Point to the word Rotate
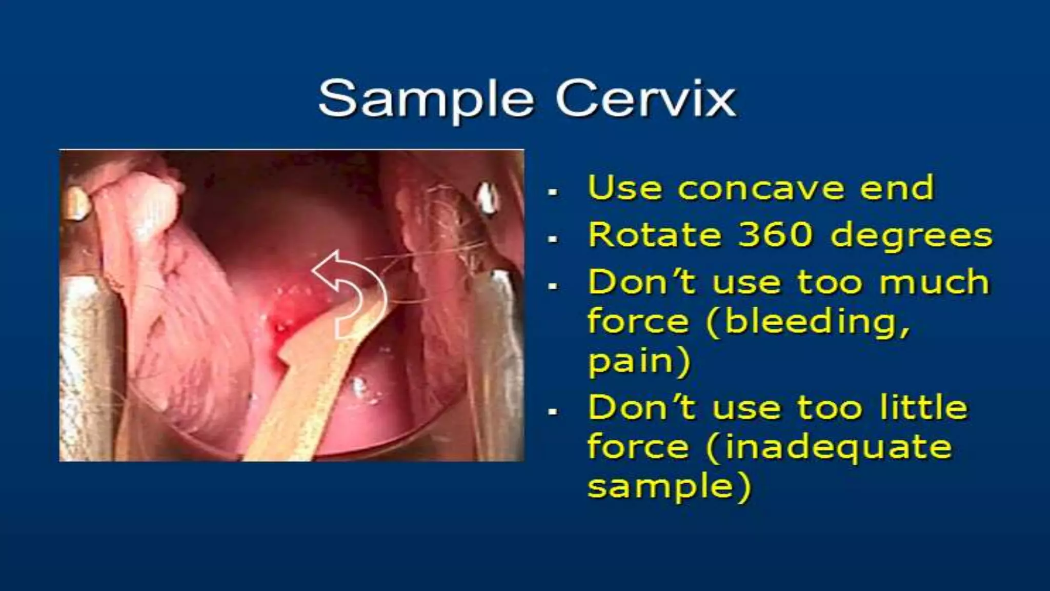coord(654,235)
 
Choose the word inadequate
coord(829,447)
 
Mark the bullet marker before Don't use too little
coord(552,412)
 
